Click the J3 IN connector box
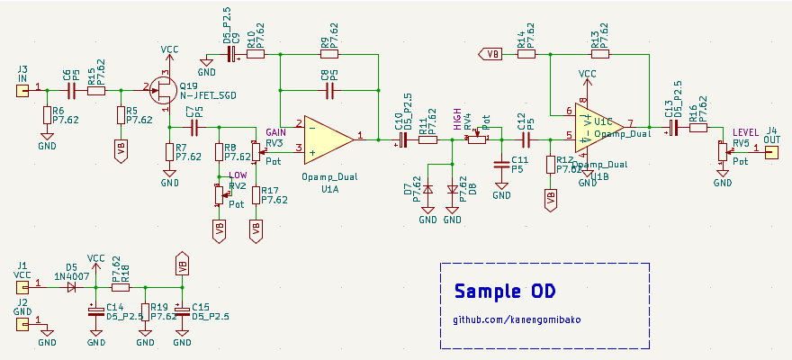click(23, 88)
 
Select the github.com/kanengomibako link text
click(516, 320)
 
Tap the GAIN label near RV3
click(276, 132)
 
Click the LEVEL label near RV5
click(746, 132)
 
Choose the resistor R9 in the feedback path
click(324, 54)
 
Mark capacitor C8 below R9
click(324, 89)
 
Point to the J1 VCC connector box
click(23, 287)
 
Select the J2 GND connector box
click(23, 322)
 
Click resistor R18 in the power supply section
click(121, 287)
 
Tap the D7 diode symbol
click(428, 189)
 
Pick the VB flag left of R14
click(491, 54)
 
